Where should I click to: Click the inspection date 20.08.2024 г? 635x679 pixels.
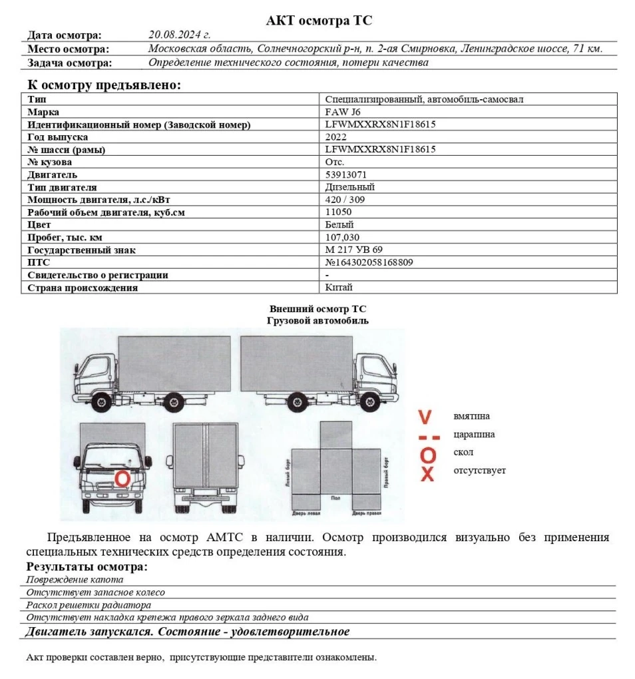click(179, 35)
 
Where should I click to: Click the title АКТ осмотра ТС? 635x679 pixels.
click(319, 21)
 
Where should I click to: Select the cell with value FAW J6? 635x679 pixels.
click(343, 112)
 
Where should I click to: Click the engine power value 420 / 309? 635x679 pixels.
click(345, 200)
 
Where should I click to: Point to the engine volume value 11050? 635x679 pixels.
click(338, 212)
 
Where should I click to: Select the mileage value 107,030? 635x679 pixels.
click(342, 238)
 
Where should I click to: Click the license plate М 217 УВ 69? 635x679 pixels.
click(354, 250)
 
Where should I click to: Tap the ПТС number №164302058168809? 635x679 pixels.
click(369, 262)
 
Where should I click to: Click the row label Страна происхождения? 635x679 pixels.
click(83, 288)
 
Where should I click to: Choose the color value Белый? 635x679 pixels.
click(339, 225)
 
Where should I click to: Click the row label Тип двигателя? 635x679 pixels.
click(62, 187)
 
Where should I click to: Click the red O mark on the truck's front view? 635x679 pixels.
click(122, 478)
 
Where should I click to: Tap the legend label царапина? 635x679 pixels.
click(474, 435)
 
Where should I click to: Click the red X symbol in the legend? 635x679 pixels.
click(427, 475)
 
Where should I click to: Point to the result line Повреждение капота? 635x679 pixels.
click(75, 580)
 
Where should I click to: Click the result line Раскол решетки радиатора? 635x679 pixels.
click(89, 605)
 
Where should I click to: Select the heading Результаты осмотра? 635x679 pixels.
click(87, 566)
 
